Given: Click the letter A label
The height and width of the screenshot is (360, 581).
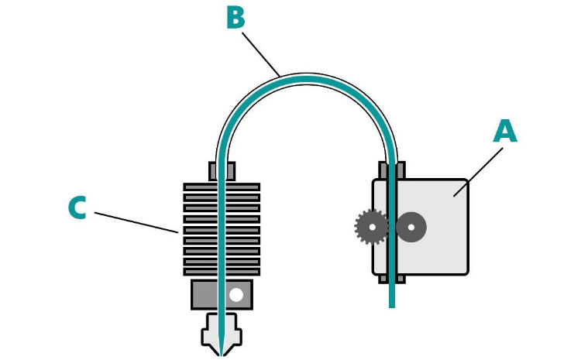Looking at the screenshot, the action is point(505,131).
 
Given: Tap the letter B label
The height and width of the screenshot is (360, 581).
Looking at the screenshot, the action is point(235,17).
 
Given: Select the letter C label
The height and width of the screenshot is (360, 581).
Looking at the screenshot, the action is point(77,207).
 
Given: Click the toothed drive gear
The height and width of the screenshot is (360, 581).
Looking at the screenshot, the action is point(372,227).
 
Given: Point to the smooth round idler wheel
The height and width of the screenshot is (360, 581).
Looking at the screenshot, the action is point(411,227).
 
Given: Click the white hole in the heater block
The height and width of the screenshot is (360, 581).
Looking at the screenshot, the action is point(236,295).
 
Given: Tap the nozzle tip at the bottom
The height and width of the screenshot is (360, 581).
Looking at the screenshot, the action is point(222,355).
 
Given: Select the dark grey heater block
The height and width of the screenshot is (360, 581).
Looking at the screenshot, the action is point(222,295).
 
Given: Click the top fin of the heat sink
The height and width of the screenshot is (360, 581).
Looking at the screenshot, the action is point(222,187).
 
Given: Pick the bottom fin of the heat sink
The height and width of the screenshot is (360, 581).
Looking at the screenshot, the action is point(222,272).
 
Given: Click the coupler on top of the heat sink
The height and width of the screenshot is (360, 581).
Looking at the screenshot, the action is point(222,171).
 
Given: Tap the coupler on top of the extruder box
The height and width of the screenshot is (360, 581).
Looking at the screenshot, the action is point(392,170).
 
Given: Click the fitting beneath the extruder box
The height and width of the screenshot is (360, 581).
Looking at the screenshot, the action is point(392,279).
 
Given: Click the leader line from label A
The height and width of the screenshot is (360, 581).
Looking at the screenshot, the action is point(479,172).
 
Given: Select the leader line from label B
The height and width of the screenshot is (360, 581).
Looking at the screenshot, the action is point(261,54).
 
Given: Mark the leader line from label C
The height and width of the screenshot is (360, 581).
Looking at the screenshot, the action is point(136,223).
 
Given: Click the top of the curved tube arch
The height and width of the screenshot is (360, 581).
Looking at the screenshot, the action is point(307,79).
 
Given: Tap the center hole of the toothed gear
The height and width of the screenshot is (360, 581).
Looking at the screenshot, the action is point(372,227).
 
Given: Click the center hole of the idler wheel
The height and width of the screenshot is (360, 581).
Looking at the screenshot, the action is point(411,227).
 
